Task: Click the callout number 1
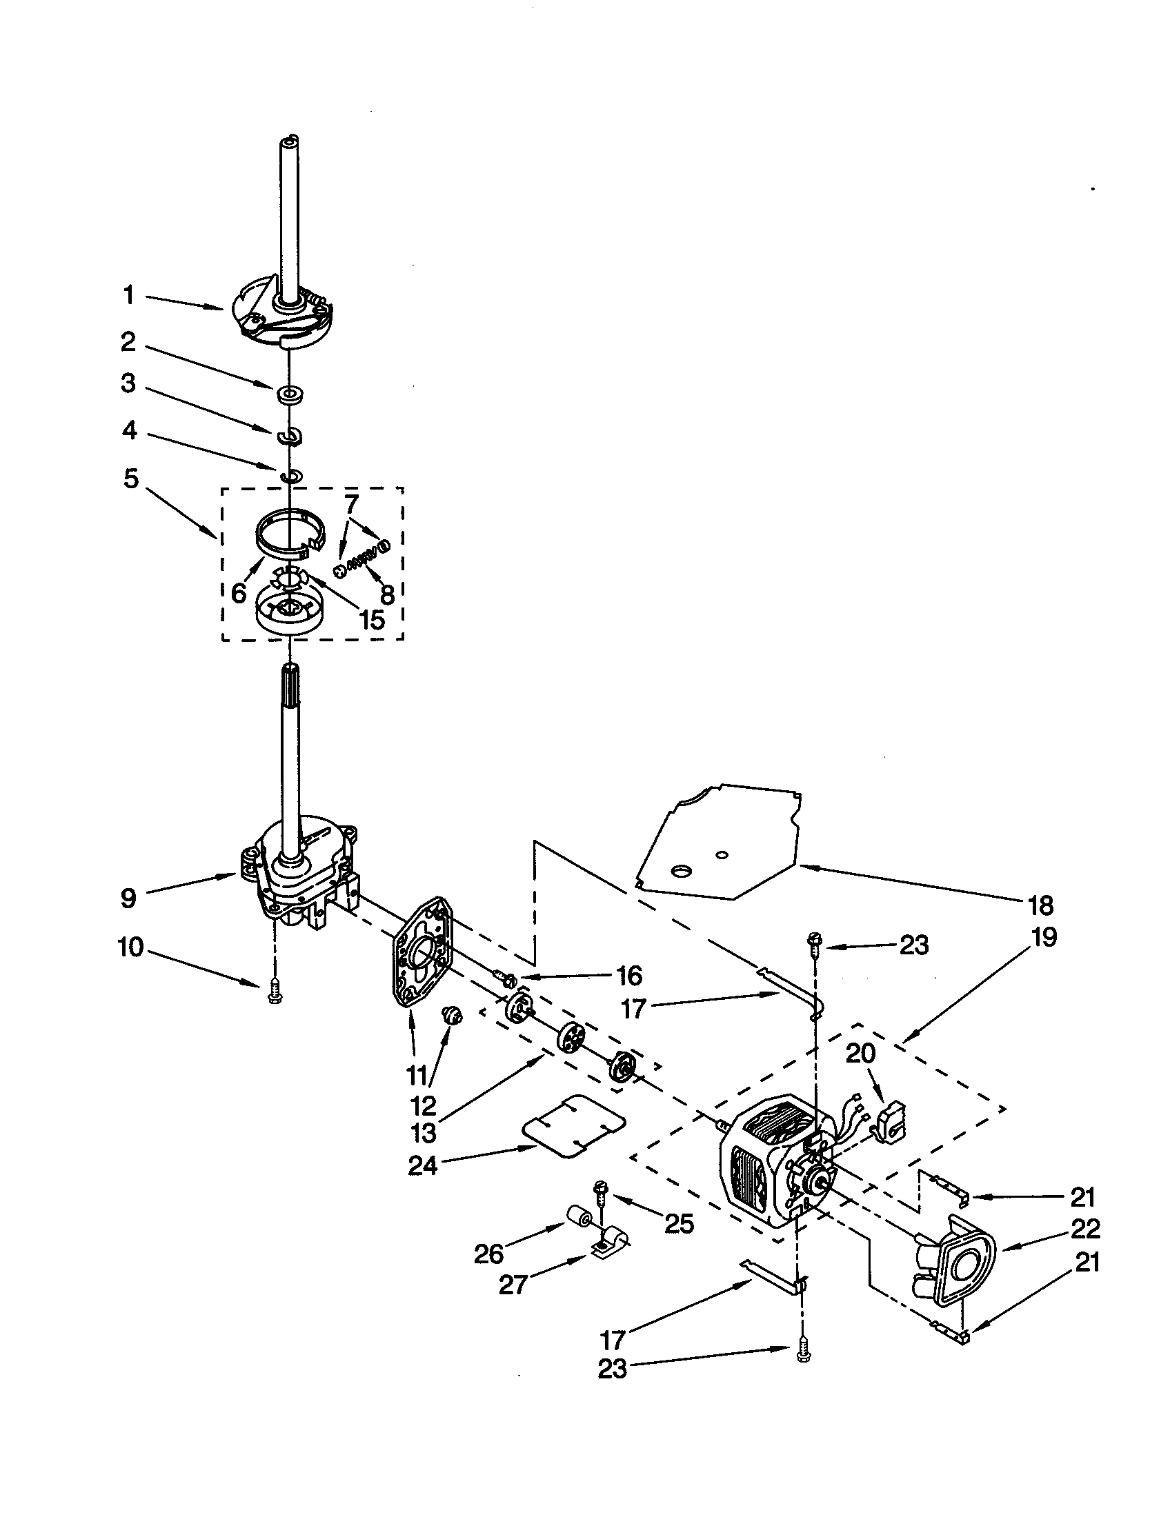coord(128,296)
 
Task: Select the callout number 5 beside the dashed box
coord(131,479)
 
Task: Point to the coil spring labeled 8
coord(362,556)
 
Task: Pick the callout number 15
coord(373,619)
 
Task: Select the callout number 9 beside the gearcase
coord(128,898)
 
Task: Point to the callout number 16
coord(628,975)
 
